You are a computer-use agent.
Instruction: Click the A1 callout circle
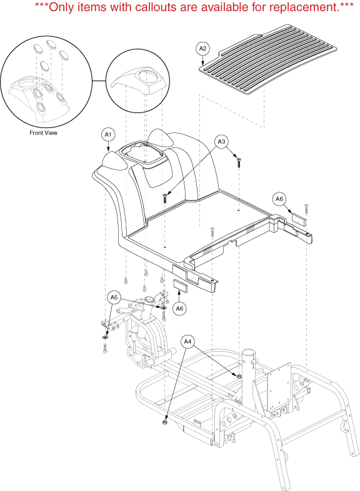coord(108,135)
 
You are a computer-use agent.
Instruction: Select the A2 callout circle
coord(202,49)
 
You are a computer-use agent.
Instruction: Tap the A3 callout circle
coord(221,142)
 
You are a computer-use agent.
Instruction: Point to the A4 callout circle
coord(187,341)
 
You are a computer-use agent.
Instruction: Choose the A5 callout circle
coord(114,297)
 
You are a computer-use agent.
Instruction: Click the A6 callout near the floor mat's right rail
coord(279,199)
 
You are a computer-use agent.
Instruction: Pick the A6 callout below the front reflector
coord(179,309)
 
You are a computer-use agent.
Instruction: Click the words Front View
coord(44,133)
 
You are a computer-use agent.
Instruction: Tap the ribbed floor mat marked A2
coord(268,59)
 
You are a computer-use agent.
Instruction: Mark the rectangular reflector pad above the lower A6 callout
coord(180,286)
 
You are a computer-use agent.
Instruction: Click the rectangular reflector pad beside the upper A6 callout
coord(299,219)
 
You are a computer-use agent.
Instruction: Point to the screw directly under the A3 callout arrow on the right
coord(239,163)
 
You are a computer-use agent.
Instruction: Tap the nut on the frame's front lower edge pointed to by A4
coord(164,423)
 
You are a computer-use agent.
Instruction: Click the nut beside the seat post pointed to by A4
coord(239,376)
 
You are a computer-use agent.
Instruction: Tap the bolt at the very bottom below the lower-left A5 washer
coord(104,348)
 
